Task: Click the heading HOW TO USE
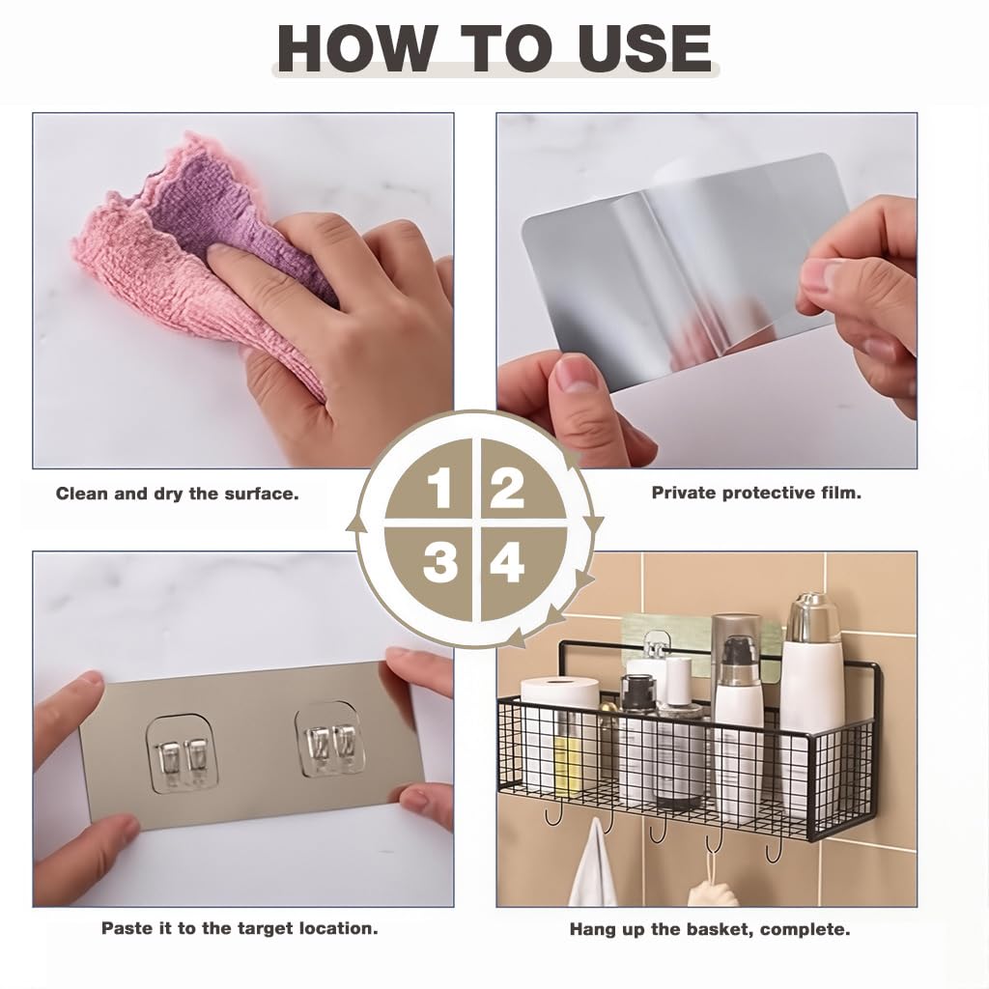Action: coord(494,46)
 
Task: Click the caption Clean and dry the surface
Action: coord(177,494)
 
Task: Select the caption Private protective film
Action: coord(756,493)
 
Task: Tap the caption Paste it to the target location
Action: coord(240,928)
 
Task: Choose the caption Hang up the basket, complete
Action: coord(709,930)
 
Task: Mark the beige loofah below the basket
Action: coord(713,889)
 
